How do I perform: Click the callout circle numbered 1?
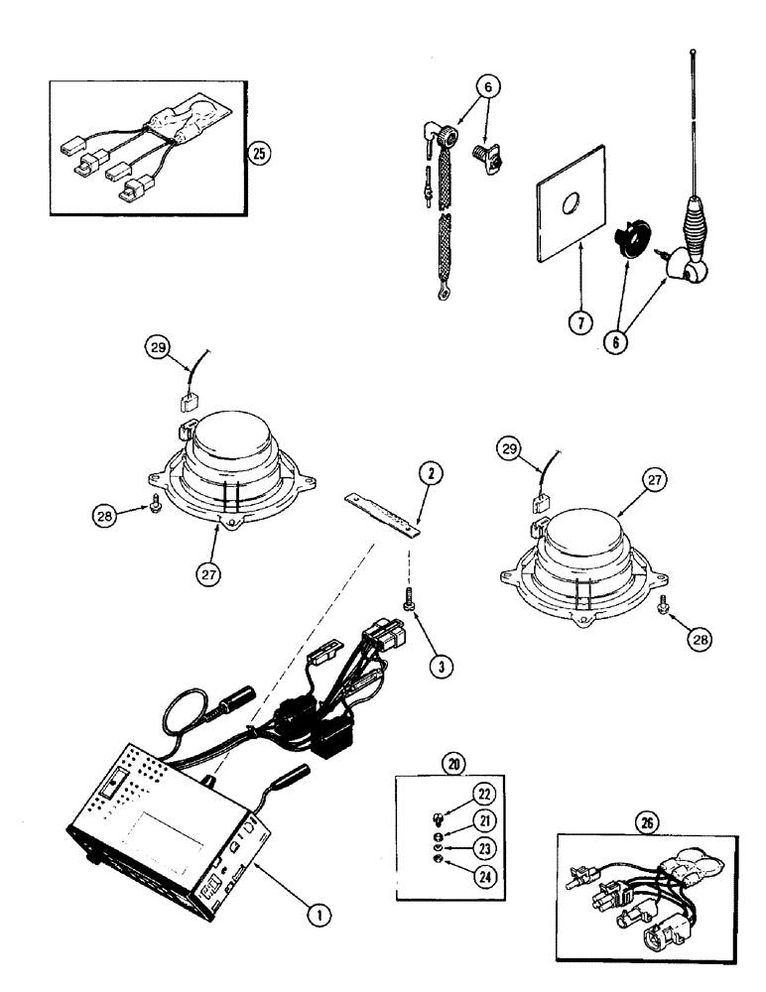click(318, 918)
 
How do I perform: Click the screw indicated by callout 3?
click(407, 600)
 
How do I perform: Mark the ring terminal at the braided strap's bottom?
click(433, 294)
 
